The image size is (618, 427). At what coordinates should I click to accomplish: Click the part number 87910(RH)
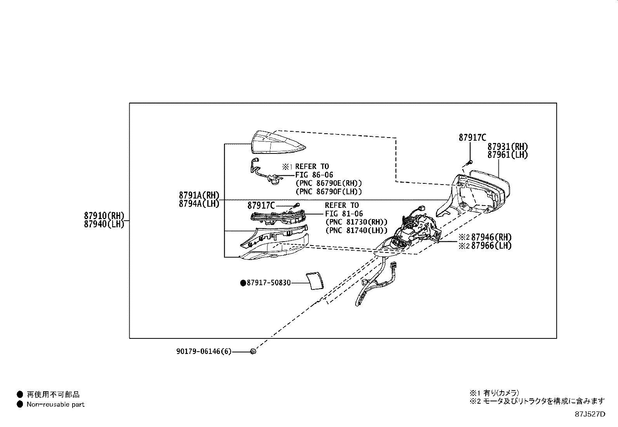click(104, 216)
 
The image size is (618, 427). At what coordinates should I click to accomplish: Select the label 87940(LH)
click(104, 224)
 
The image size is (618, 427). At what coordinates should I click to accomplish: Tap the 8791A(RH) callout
click(199, 195)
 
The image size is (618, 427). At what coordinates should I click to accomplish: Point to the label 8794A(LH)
click(199, 204)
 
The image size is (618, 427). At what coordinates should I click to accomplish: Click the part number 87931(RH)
click(507, 146)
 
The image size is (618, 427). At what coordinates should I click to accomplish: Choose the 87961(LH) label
click(507, 155)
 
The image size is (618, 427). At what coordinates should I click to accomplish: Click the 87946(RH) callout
click(491, 237)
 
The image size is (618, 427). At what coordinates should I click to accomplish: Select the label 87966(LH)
click(491, 246)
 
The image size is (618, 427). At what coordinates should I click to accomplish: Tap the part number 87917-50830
click(269, 283)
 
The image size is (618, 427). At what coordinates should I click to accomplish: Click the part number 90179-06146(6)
click(204, 351)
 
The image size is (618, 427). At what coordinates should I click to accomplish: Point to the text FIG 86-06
click(314, 175)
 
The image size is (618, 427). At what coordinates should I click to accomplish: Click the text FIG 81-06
click(344, 214)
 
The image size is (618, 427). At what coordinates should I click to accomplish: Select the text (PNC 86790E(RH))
click(328, 183)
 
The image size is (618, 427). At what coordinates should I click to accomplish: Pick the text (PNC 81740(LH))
click(356, 230)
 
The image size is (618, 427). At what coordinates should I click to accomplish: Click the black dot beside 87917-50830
click(243, 283)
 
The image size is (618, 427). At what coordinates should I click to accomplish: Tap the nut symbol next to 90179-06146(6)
click(253, 351)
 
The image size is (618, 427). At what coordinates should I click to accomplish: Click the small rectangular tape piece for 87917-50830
click(315, 281)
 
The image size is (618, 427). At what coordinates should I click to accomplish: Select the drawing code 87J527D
click(590, 414)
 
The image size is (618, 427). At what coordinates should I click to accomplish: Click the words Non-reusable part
click(56, 404)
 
